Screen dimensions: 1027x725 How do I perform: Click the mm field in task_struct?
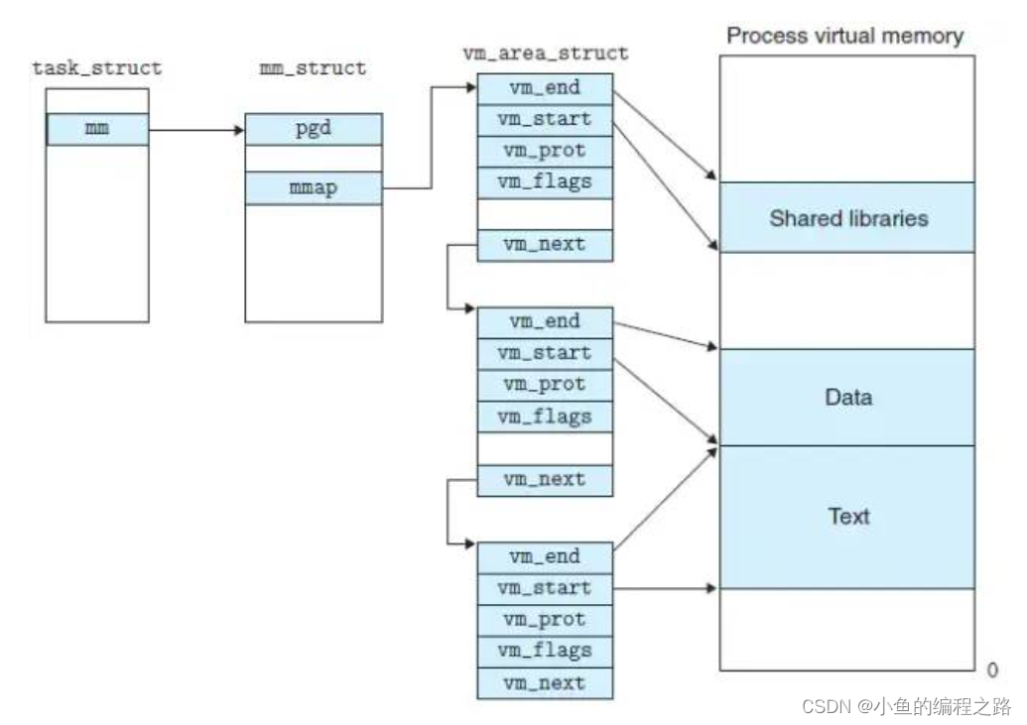(x=97, y=129)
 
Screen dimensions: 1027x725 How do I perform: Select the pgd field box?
(x=314, y=129)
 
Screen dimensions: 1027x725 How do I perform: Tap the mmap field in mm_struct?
(x=314, y=188)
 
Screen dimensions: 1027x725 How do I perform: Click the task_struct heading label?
(x=97, y=68)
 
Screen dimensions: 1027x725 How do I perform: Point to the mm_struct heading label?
(x=314, y=68)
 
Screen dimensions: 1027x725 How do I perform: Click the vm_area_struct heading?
(x=546, y=53)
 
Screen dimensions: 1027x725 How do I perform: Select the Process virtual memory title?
(x=844, y=36)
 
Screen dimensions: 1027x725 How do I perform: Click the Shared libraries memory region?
(x=847, y=217)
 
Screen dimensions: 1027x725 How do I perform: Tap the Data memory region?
(x=847, y=398)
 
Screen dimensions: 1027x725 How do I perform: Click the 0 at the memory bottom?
(x=992, y=670)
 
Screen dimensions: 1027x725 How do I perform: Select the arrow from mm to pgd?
(x=197, y=130)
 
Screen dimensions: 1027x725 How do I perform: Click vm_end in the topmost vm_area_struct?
(x=545, y=88)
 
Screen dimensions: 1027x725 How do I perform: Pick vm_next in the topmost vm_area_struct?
(x=545, y=245)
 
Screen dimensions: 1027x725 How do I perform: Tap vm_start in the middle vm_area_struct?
(x=545, y=354)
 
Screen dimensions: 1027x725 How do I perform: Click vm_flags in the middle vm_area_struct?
(x=545, y=417)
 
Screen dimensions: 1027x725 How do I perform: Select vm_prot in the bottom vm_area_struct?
(x=545, y=620)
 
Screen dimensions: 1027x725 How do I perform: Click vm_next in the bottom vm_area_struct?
(x=545, y=683)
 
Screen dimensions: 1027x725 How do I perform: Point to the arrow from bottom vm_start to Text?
(x=666, y=588)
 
